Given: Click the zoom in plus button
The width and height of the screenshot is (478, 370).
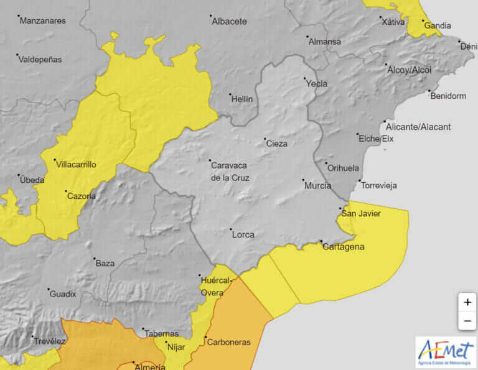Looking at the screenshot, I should pos(467,302).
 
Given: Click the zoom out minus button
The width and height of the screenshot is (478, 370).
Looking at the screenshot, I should pos(467,320).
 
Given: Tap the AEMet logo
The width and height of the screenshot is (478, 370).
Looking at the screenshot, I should pos(445,352).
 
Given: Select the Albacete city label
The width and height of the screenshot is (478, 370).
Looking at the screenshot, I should pos(229,21).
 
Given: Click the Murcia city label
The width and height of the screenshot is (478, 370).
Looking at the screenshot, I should pos(317,185).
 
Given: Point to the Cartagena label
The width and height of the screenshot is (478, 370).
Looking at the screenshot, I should pos(343,247).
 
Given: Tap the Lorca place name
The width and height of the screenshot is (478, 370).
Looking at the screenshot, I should pos(243,234).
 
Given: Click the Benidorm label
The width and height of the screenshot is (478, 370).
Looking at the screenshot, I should pos(448,96).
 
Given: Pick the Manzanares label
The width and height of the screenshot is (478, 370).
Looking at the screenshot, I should pos(42,21).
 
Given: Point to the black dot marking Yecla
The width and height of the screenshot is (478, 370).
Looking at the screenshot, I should pos(305,79).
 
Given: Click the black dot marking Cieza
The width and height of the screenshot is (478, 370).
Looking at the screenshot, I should pos(265,139).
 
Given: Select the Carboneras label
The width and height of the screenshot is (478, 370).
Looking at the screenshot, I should pos(228,342).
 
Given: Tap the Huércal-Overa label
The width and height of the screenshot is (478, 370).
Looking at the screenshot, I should pos(216,286).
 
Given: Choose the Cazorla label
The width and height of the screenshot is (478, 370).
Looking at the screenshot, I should pos(81,196).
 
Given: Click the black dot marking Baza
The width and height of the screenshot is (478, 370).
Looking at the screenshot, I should pos(95,259).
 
